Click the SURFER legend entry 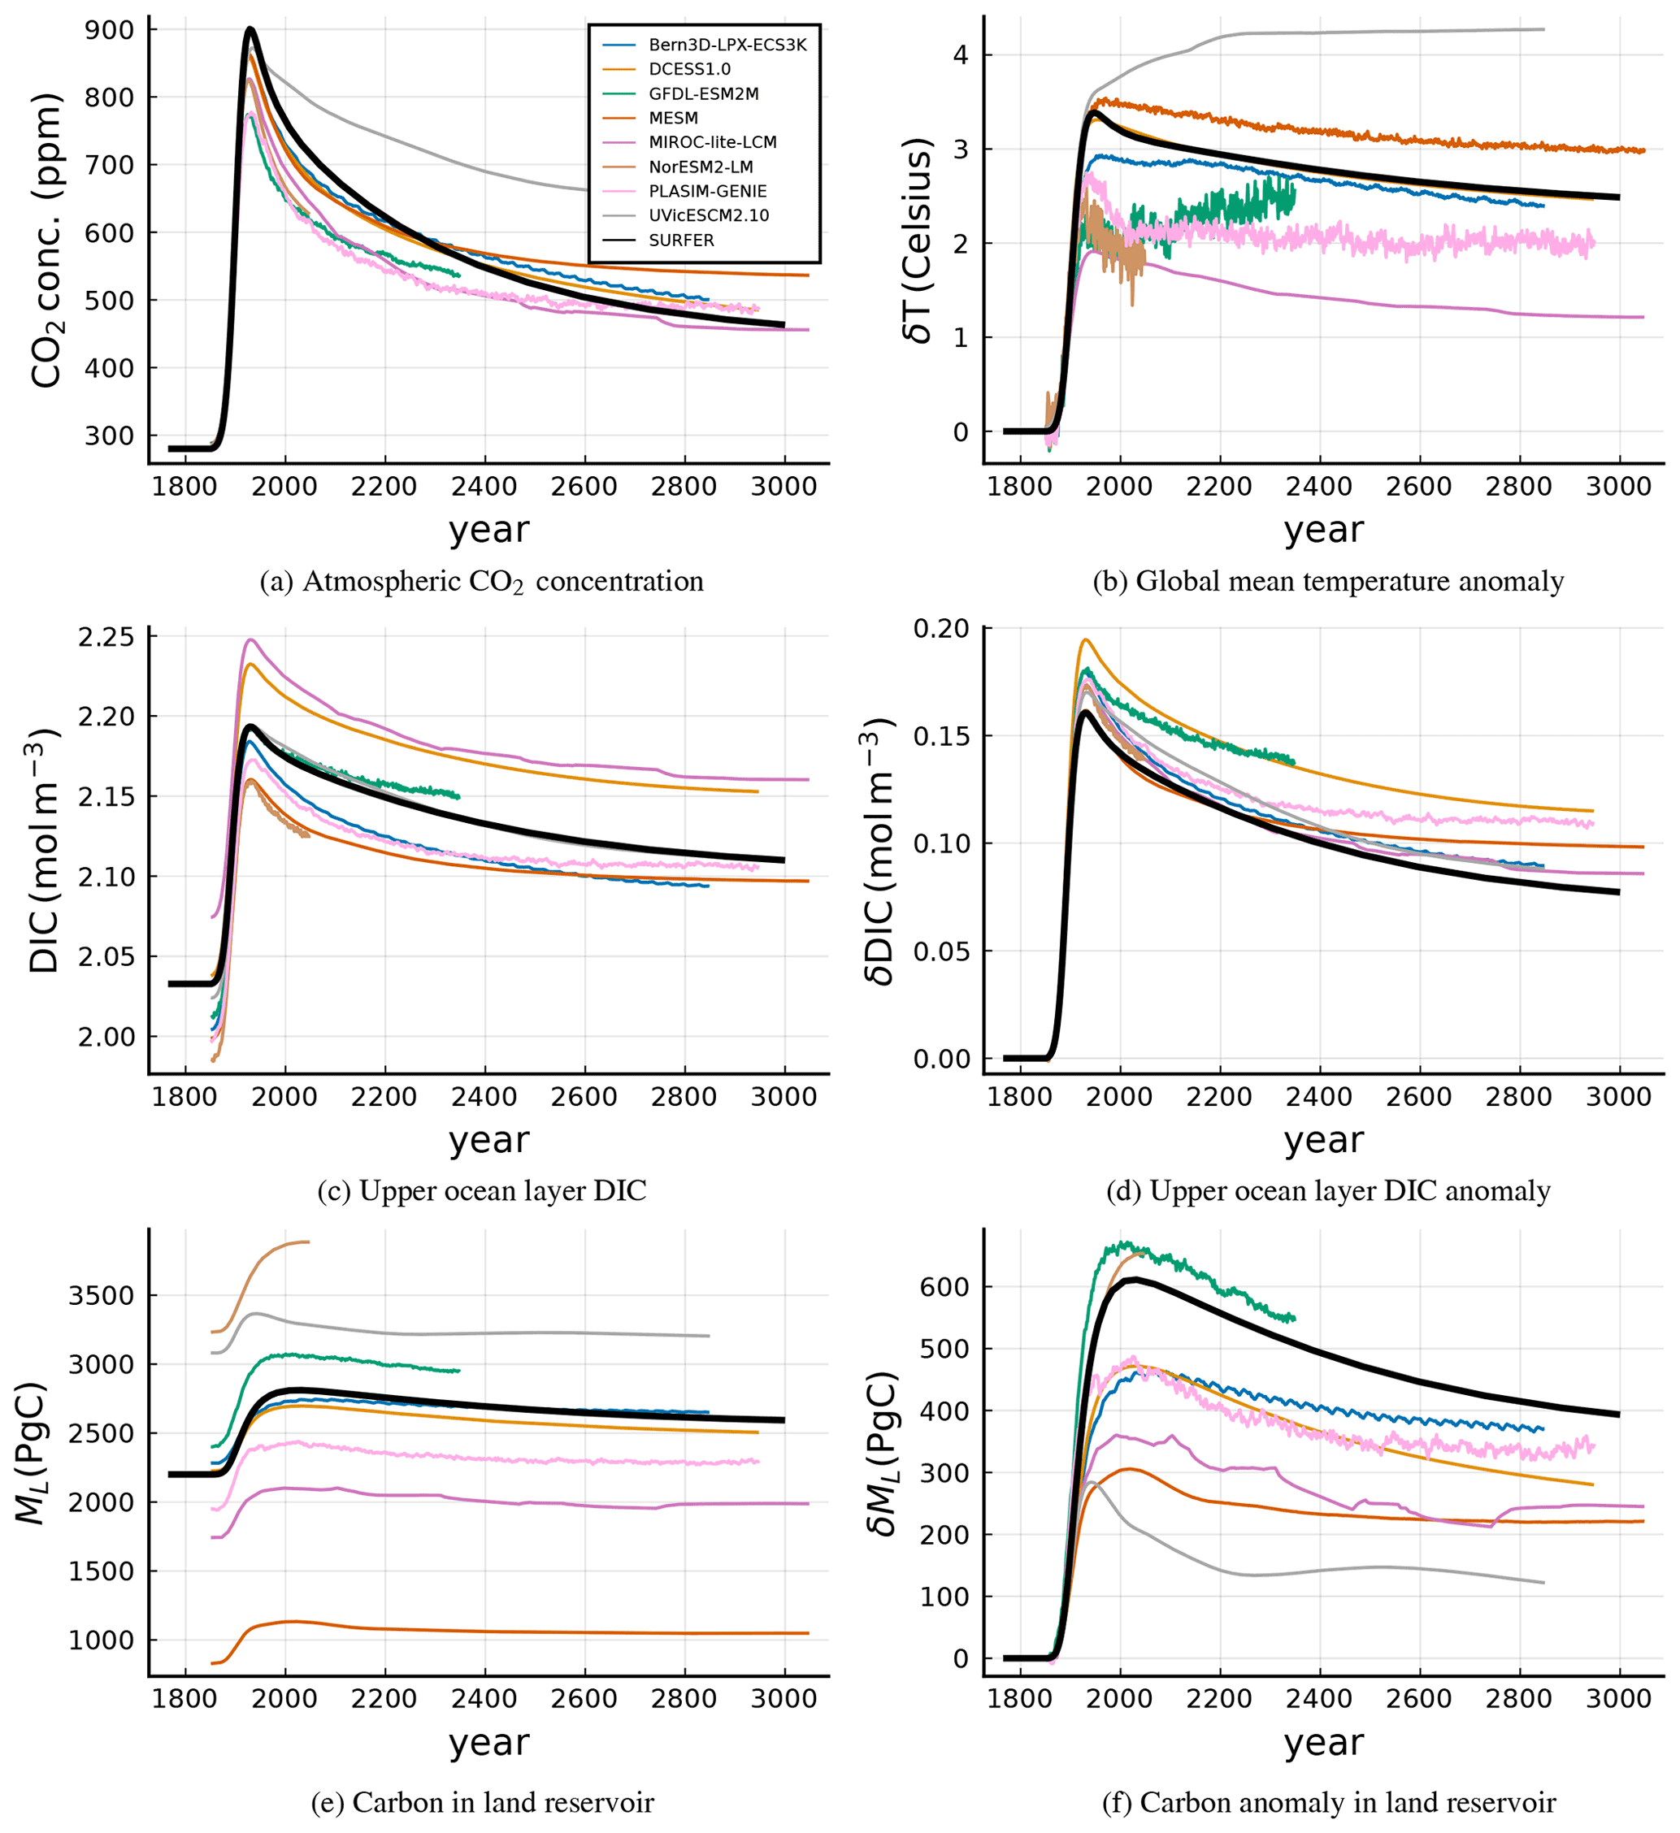click(681, 240)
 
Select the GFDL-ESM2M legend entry click(703, 93)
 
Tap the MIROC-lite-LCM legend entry click(712, 142)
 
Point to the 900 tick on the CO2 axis click(108, 30)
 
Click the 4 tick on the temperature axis click(961, 54)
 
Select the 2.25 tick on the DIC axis click(106, 637)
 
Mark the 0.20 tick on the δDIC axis click(941, 628)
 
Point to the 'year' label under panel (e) click(488, 1742)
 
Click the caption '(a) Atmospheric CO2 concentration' click(481, 582)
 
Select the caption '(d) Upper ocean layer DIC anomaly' click(1328, 1191)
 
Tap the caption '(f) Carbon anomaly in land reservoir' click(1328, 1802)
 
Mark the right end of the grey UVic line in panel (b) click(1543, 29)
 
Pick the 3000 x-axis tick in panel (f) click(1618, 1698)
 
